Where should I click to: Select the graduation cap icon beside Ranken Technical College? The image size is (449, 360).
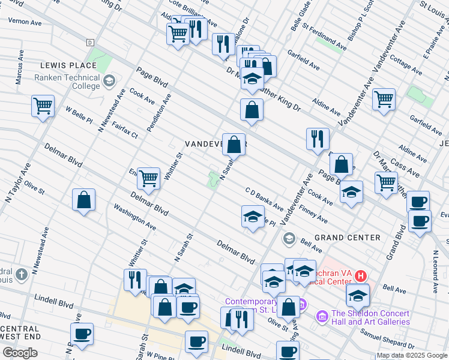pyautogui.click(x=109, y=80)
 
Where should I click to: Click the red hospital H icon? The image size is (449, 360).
pyautogui.click(x=360, y=276)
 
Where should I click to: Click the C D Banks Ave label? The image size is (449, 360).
pyautogui.click(x=264, y=199)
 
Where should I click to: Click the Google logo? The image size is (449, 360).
pyautogui.click(x=20, y=353)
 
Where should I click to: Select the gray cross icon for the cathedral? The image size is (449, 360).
pyautogui.click(x=21, y=275)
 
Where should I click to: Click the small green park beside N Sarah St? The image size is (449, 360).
pyautogui.click(x=212, y=179)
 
